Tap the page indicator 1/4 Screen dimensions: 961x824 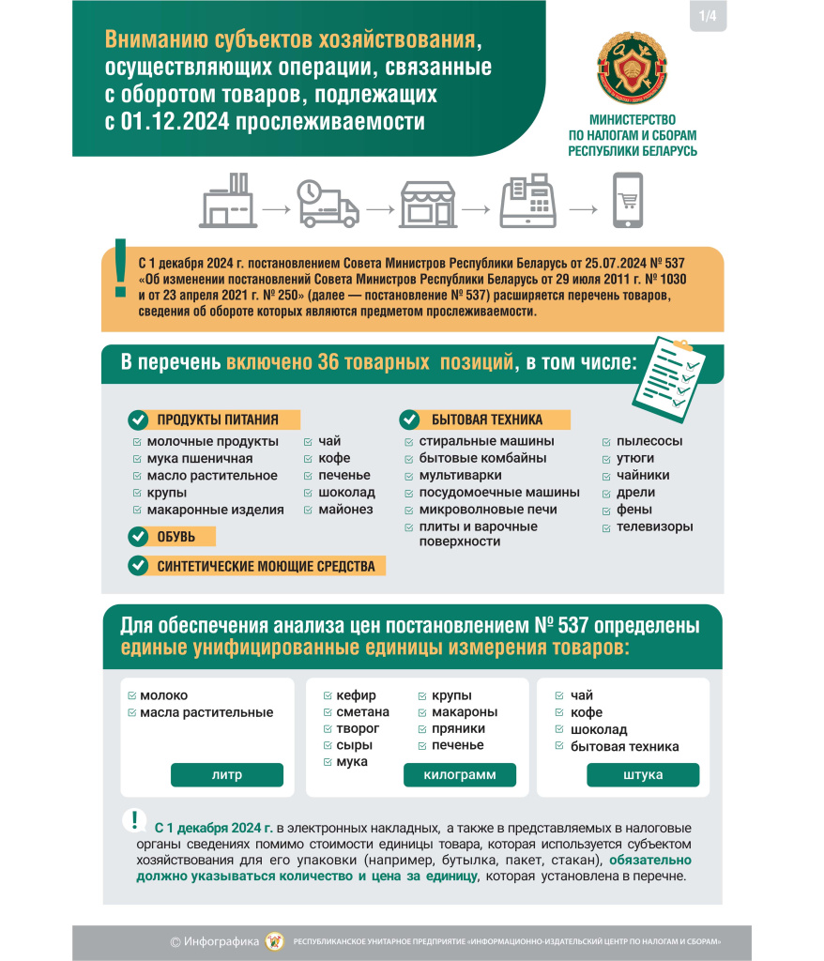pos(705,17)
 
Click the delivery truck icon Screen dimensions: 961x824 pos(328,203)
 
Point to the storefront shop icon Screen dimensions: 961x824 pos(428,203)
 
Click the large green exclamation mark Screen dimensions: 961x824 pos(119,269)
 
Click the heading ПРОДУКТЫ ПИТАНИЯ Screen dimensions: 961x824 pos(215,419)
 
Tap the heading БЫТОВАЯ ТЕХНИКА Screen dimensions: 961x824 pos(486,419)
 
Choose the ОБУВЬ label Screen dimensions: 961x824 pos(175,537)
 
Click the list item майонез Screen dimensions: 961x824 pos(345,510)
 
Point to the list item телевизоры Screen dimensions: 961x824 pos(654,526)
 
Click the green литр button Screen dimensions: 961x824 pos(226,775)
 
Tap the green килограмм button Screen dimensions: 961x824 pos(460,775)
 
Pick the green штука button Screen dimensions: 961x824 pos(643,775)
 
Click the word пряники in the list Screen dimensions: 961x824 pos(457,728)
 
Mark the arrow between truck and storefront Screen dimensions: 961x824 pos(378,208)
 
